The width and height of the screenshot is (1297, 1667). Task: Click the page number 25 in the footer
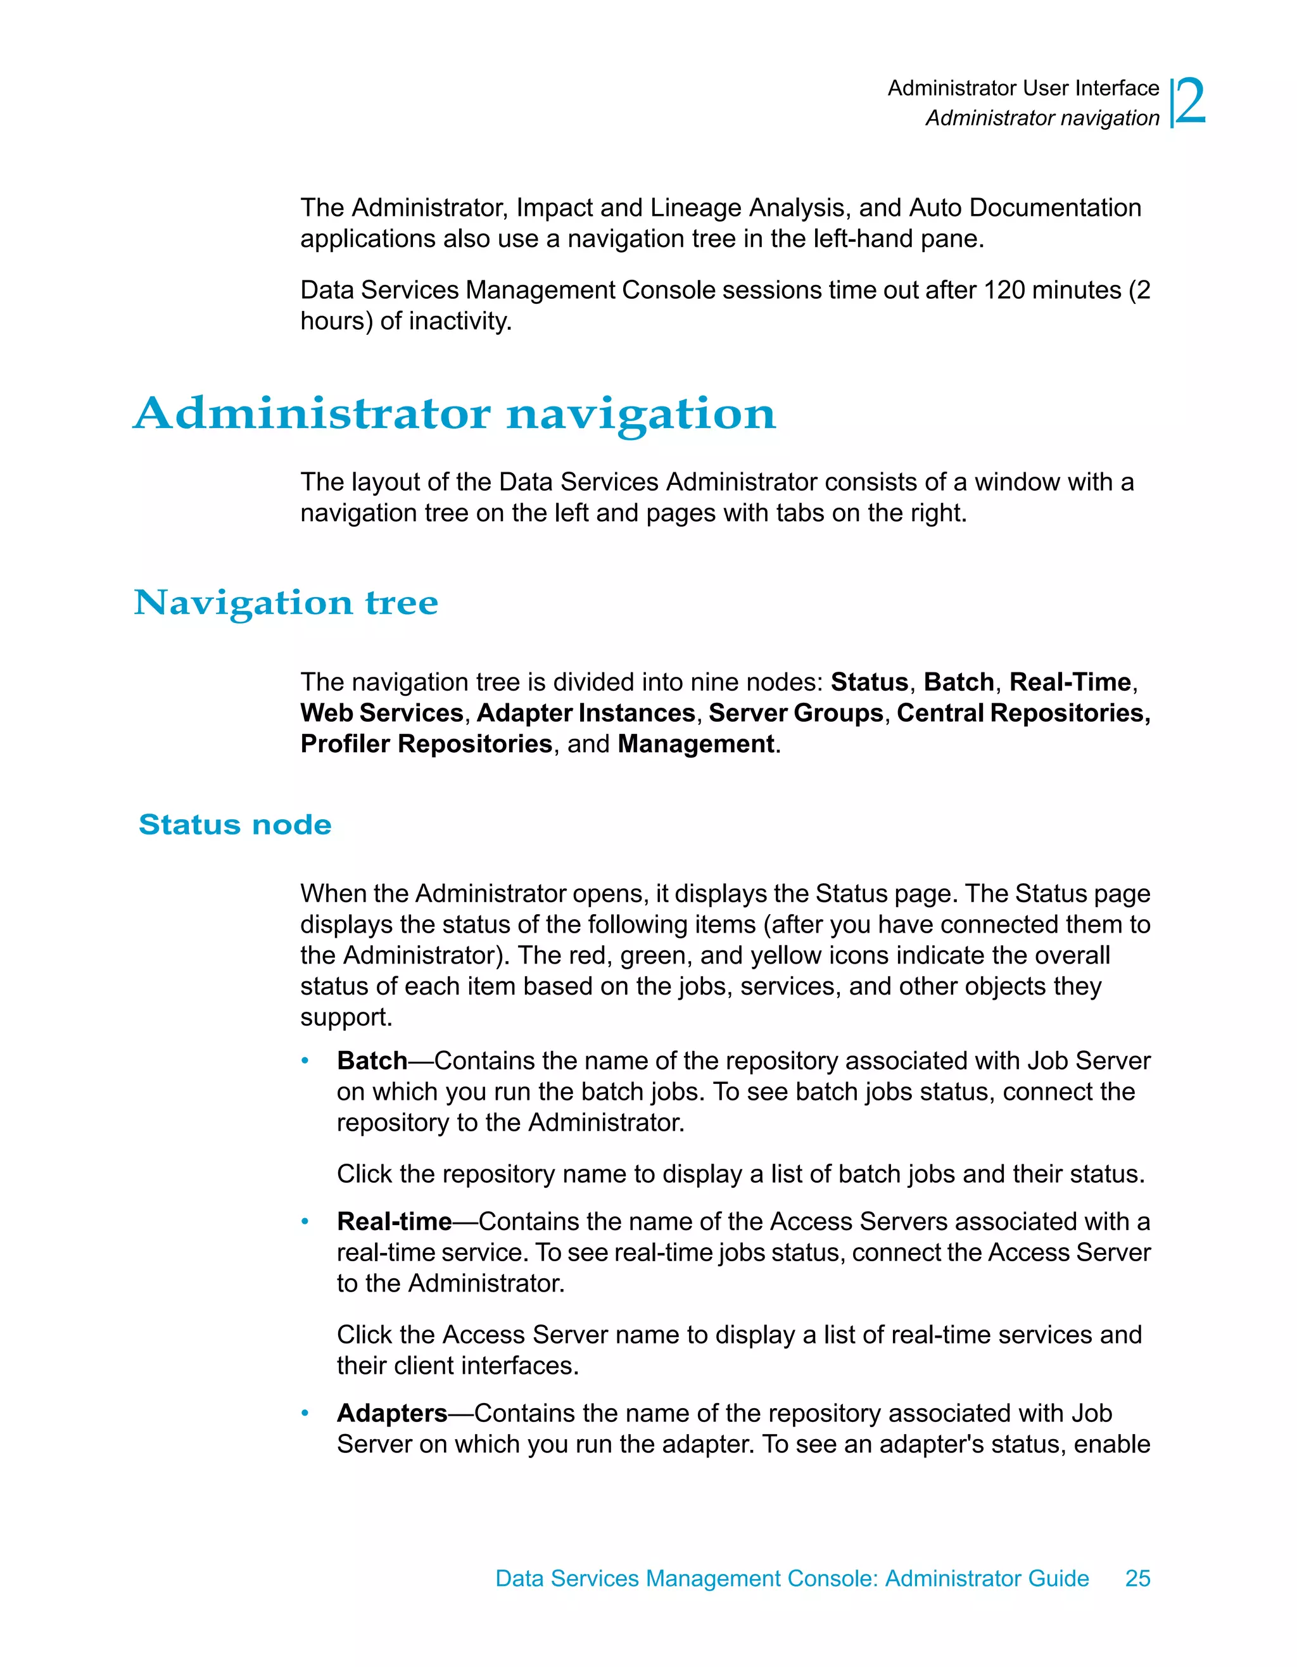coord(1137,1578)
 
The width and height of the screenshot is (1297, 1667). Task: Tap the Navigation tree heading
coord(286,602)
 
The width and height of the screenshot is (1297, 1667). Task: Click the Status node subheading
coord(235,824)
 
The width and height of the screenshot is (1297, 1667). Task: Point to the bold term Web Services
coord(382,713)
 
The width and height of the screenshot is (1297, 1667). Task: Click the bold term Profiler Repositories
coord(426,743)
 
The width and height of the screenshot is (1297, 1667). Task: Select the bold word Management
coord(695,743)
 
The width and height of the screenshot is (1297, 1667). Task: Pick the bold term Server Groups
coord(795,713)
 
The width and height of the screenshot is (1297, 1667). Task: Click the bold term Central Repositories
coord(1022,713)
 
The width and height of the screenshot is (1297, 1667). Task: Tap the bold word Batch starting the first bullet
coord(372,1061)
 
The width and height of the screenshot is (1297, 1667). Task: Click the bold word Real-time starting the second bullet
coord(394,1221)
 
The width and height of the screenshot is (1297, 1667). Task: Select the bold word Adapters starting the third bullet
coord(391,1413)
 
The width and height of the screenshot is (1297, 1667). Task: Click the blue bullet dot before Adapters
coord(305,1414)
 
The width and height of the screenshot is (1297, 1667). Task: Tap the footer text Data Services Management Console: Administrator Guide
coord(792,1578)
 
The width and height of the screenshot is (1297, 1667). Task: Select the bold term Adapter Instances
coord(586,713)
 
